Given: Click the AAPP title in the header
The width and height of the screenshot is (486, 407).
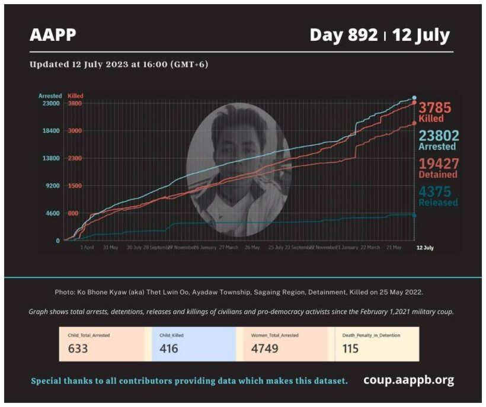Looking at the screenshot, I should (x=53, y=35).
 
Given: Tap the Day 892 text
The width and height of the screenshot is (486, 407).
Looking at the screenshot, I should (x=343, y=35).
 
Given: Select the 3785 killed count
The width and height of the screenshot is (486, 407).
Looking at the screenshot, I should (x=434, y=107).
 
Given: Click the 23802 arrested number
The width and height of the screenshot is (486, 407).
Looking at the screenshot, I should (x=439, y=136).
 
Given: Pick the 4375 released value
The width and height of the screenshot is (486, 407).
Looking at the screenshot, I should (x=435, y=192).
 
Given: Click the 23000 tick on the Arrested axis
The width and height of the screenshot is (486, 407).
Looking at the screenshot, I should (x=50, y=104).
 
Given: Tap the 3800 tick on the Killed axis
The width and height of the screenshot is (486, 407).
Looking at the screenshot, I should (x=75, y=104).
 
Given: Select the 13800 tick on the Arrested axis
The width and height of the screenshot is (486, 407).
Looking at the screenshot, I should (x=50, y=159).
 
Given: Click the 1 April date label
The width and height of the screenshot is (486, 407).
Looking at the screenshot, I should (x=87, y=248).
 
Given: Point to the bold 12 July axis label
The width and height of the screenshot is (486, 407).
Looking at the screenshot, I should (x=424, y=248).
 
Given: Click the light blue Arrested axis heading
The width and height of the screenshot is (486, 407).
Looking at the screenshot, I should (x=50, y=95).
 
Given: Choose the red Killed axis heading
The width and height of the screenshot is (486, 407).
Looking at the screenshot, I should (x=76, y=95).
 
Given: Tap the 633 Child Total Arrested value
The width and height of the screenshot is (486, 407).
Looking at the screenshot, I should (x=78, y=348).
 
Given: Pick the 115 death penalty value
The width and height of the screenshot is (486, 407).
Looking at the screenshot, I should (x=350, y=348).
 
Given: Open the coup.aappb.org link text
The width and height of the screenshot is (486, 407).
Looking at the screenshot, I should (x=408, y=380).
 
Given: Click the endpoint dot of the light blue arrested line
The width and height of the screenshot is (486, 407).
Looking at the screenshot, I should (x=414, y=98).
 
